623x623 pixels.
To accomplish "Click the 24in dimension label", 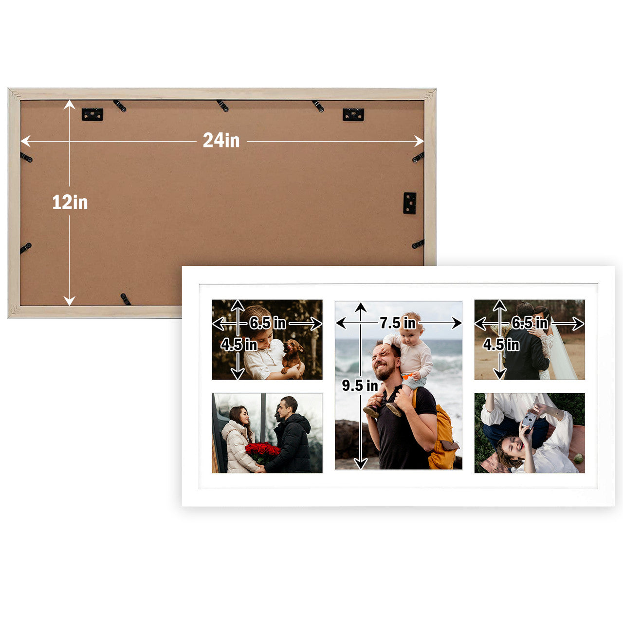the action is pos(221,141).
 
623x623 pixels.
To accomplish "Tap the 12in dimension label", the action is pos(70,202).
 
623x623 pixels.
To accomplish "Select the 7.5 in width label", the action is pos(398,323).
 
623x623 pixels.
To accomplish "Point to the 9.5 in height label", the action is pos(360,385).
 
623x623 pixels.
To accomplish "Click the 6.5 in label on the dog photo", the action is pos(268,323).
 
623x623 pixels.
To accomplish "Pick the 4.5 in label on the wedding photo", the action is pos(501,345).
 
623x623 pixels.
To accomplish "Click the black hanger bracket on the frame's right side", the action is pos(410,203).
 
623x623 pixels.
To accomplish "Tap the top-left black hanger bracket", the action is pos(92,114).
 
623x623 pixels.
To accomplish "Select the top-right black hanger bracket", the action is pos(353,114).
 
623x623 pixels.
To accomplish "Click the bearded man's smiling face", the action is pos(384,362).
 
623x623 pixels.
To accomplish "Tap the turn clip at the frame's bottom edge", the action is pos(126,299).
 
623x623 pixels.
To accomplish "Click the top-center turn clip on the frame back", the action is pos(222,106).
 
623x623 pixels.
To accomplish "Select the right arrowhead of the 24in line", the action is pos(420,141).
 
